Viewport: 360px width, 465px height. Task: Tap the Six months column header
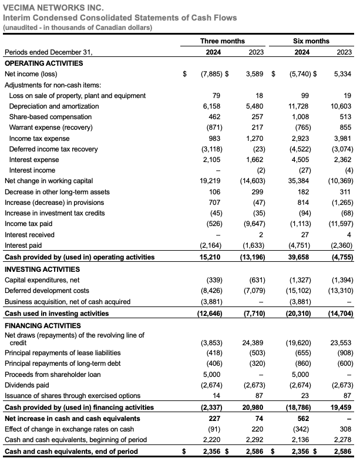click(x=311, y=41)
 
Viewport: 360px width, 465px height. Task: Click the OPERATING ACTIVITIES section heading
click(x=43, y=63)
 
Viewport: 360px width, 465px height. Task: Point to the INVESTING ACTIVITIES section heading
click(x=42, y=269)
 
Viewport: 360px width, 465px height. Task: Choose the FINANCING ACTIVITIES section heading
click(x=42, y=325)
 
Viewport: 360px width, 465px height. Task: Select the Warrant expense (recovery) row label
click(x=51, y=128)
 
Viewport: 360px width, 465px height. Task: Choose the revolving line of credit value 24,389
click(x=254, y=342)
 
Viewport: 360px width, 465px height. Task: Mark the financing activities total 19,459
click(x=341, y=407)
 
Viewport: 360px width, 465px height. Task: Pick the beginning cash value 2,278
click(x=342, y=440)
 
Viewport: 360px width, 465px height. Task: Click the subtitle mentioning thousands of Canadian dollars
click(x=78, y=28)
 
